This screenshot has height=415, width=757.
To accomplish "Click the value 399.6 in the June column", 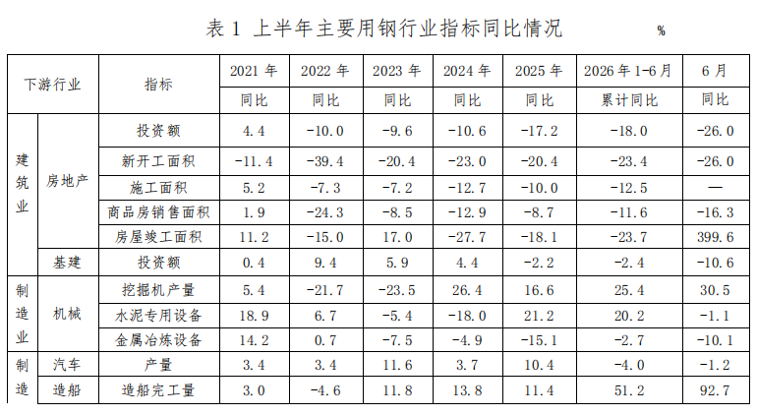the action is pos(715,237).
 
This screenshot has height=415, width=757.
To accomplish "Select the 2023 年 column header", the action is pos(397,71).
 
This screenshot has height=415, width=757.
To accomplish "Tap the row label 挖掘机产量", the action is pos(158,290).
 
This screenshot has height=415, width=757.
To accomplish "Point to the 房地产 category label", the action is pos(67,181).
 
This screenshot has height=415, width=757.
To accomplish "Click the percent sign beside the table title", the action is pos(661,30).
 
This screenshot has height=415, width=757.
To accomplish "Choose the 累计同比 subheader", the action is pos(629,100).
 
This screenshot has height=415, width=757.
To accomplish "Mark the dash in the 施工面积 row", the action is pos(715,188).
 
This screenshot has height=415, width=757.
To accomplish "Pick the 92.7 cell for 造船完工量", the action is pos(715,389).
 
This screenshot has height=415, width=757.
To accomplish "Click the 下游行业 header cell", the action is pos(53,85).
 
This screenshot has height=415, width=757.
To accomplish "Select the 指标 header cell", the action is pos(158,85).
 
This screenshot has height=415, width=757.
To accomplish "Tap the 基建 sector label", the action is pos(67,263).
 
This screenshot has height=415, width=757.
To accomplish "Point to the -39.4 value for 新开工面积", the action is pos(324,161).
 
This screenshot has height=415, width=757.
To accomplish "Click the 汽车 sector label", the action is pos(67,364).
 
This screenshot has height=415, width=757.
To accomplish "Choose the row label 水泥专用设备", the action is pos(158,316).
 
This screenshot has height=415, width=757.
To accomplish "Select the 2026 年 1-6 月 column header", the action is pos(628,71).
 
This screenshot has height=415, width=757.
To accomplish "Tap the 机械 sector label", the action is pos(67,314).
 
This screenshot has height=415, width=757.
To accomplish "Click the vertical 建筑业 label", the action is pos(23,183).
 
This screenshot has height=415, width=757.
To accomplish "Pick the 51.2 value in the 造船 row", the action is pos(629,389).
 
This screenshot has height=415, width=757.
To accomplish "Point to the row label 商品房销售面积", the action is pos(158,212).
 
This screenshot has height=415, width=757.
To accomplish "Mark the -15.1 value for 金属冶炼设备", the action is pos(539,340).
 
